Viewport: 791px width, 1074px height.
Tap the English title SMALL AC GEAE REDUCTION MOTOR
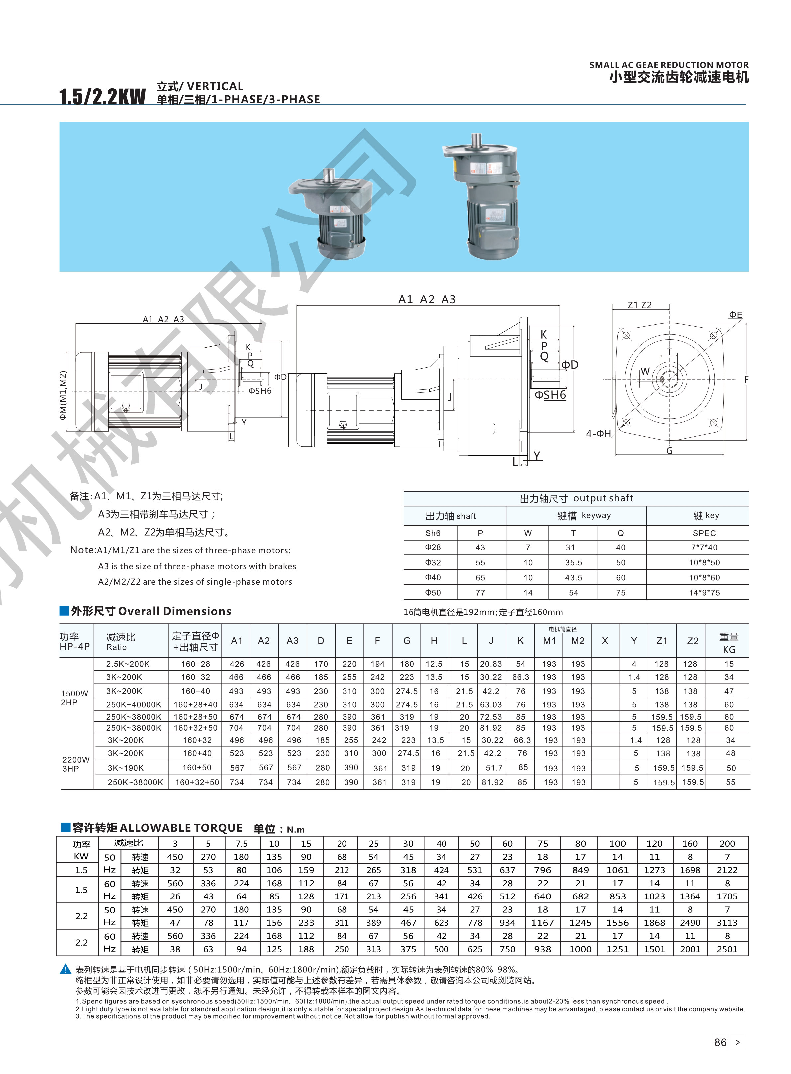(668, 65)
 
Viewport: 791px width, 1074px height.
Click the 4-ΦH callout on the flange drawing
(598, 434)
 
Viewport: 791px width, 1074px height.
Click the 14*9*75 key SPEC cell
(704, 593)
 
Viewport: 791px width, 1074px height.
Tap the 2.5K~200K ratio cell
(128, 664)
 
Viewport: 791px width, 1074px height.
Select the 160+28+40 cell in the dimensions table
(195, 705)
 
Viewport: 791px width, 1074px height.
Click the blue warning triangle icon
(65, 970)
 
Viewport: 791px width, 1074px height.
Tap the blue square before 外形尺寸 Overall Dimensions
(64, 610)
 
